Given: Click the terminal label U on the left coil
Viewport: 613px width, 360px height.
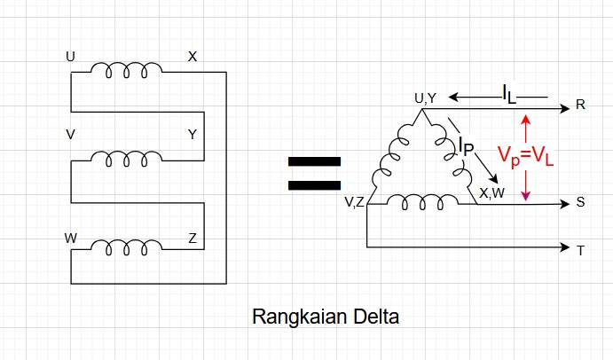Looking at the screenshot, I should [x=71, y=57].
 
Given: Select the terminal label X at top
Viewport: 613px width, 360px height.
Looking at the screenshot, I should [x=193, y=57].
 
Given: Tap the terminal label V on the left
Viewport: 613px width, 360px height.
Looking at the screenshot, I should [x=71, y=135].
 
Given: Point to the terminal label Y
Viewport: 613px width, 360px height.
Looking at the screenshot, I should [x=193, y=135].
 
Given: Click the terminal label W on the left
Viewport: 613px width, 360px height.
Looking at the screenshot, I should [x=71, y=239].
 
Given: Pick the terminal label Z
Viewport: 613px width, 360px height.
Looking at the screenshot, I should [x=193, y=239].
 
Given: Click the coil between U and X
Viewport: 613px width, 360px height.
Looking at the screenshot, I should [x=127, y=70].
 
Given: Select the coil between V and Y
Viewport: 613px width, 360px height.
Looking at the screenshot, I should [x=127, y=160].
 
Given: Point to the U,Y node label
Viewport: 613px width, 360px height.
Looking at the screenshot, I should [x=426, y=98].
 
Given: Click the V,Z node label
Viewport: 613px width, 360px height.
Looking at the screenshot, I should [x=354, y=202].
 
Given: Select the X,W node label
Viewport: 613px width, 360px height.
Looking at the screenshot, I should [x=491, y=192].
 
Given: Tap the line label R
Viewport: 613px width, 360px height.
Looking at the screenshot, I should [x=580, y=105].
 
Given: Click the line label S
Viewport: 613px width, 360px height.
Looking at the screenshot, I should [x=580, y=202].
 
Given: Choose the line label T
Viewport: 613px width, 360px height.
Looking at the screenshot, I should [x=580, y=250].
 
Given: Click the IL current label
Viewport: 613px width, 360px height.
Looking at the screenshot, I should [x=508, y=92].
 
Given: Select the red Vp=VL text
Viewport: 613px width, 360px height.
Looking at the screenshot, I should [x=525, y=156].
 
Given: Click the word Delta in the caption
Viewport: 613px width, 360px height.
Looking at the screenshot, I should [x=377, y=317].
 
